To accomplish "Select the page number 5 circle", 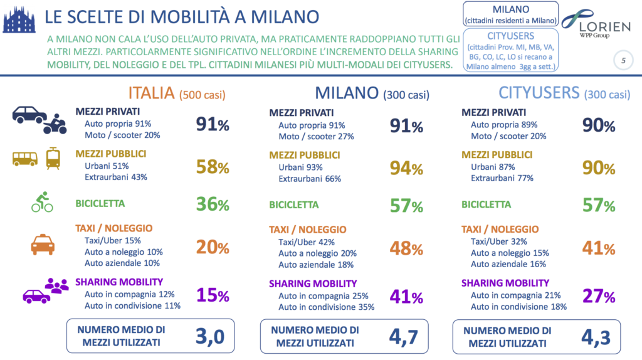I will [623, 61].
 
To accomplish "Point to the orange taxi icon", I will [43, 243].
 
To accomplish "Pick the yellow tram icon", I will [53, 158].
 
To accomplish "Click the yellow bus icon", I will [24, 159].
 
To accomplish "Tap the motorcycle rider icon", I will [55, 124].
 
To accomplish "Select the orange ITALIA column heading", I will [151, 93].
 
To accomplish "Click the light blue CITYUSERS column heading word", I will [539, 93].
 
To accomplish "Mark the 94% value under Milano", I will [406, 167].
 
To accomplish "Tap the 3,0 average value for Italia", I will [210, 336].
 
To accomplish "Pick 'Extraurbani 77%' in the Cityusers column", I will [502, 177].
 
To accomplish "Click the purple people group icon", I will [57, 285].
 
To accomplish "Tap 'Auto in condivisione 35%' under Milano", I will [326, 307].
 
